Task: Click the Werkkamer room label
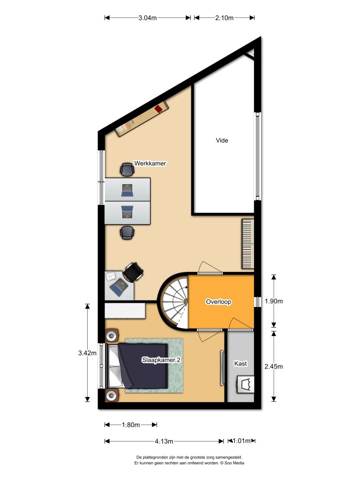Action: tap(150, 164)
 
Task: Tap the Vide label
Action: tap(222, 140)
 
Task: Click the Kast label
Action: tap(240, 363)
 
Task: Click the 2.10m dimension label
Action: tap(224, 18)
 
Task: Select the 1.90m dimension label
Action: tap(274, 301)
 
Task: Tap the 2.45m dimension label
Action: tap(274, 366)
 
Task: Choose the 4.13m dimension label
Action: tap(164, 441)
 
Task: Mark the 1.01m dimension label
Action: tap(240, 441)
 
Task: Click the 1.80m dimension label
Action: tap(131, 425)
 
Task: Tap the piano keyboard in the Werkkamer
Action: tap(247, 244)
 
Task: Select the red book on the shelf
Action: tap(158, 109)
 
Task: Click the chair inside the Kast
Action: tap(245, 385)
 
